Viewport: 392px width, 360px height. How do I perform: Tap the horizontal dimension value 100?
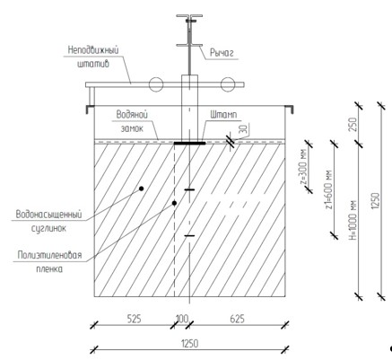182,319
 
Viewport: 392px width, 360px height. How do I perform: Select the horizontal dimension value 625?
237,319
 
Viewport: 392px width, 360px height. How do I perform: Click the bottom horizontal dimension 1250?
189,344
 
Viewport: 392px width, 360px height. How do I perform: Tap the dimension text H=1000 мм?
353,221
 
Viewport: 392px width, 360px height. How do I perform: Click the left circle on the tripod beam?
156,84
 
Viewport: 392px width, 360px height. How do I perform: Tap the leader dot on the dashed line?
174,204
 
